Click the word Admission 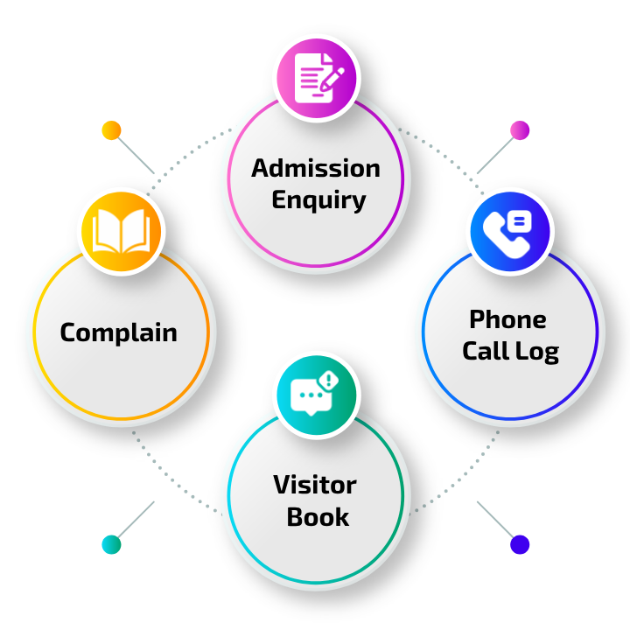pos(316,168)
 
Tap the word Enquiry pos(318,200)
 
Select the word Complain pos(119,332)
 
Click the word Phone pos(507,319)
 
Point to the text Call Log pos(510,352)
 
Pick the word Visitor pos(315,485)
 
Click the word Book pos(318,517)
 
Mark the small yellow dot pos(111,130)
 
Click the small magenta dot pos(520,130)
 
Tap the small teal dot pos(111,544)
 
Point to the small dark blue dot pos(520,544)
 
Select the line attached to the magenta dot pos(497,153)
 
